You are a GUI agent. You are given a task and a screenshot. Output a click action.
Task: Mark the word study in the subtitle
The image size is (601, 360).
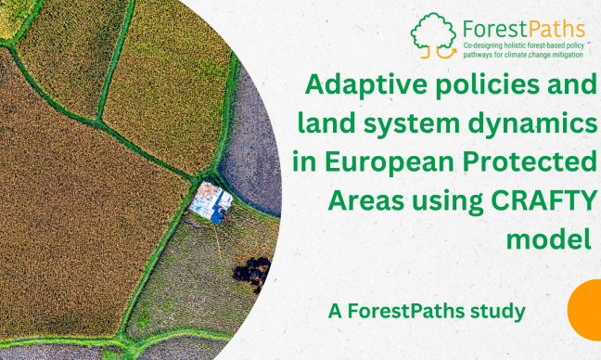[x=502, y=312]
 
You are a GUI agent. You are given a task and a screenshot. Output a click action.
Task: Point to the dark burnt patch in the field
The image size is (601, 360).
[x=251, y=272]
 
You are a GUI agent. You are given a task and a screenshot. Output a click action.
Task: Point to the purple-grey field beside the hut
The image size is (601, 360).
[x=252, y=148]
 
